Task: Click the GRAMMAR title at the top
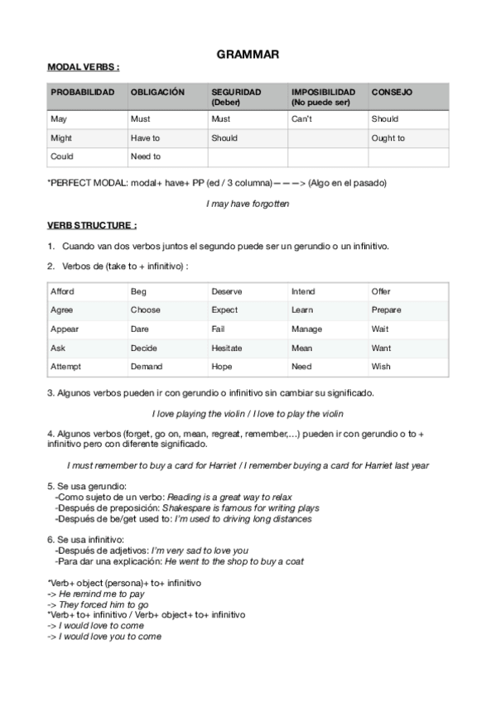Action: (248, 55)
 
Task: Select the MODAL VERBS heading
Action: (83, 67)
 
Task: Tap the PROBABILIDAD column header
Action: (82, 92)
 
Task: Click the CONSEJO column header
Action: (392, 92)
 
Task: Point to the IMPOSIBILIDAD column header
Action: (323, 92)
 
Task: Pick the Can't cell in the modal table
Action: (301, 119)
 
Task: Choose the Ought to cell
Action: (388, 138)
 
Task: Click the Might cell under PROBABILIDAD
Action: (61, 138)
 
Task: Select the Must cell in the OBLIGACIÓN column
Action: (140, 119)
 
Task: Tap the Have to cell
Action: (145, 138)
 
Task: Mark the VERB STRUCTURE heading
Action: (91, 224)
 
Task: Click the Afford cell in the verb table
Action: (62, 291)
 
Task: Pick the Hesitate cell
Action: (226, 348)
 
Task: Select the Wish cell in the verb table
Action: (381, 367)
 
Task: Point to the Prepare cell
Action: (386, 310)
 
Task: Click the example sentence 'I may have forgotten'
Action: (248, 203)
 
